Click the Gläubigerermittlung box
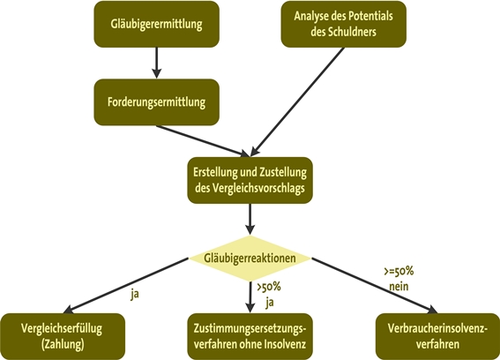point(157,24)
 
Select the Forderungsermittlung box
point(157,102)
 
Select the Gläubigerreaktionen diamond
point(250,259)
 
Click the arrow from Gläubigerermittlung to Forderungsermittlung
point(156,63)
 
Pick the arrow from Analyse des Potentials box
point(297,102)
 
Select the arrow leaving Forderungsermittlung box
point(203,141)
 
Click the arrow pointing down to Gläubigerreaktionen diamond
point(250,219)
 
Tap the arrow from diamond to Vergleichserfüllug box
point(126,285)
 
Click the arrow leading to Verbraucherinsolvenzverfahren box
point(375,285)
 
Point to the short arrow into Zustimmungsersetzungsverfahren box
point(250,297)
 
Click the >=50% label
point(399,271)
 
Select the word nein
point(399,286)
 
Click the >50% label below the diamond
point(269,287)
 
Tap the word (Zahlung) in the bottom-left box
point(63,344)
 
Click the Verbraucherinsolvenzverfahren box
point(437,336)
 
